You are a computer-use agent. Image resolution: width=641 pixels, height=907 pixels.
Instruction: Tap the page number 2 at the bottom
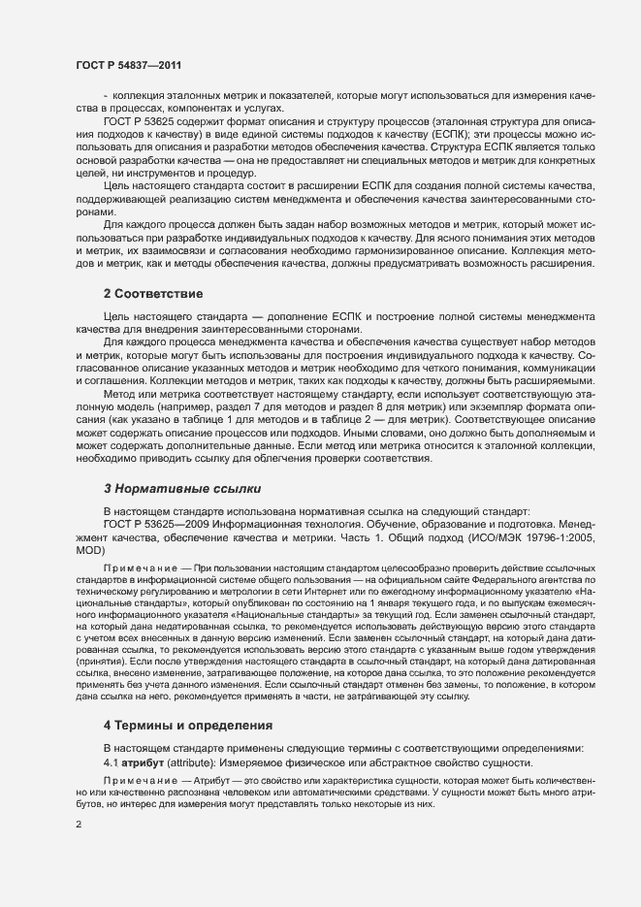[78, 825]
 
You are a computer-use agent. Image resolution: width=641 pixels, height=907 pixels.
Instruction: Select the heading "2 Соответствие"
[153, 292]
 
